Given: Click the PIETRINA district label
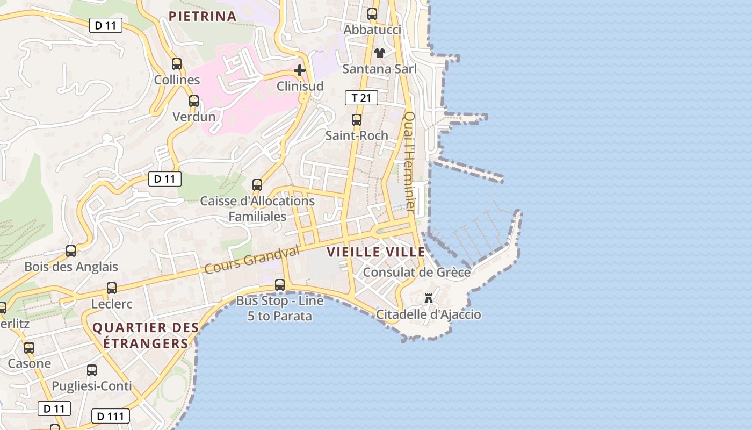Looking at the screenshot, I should tap(203, 16).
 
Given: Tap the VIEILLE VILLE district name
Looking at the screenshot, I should tap(376, 252).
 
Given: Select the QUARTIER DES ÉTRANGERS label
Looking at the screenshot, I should tap(146, 335).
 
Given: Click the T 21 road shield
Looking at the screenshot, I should tap(361, 98).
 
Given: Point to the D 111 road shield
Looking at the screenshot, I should tap(111, 416).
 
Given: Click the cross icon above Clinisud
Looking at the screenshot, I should tap(300, 70).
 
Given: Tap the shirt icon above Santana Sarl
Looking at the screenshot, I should tap(380, 53).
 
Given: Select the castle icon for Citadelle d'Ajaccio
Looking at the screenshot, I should tap(429, 298).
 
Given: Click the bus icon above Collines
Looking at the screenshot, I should tap(177, 64).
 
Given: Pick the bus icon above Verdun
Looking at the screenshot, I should tap(194, 101).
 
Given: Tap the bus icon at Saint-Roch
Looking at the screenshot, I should tap(357, 120).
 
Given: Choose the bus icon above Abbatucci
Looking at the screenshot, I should tap(372, 14).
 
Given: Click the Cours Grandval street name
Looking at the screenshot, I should tap(252, 260).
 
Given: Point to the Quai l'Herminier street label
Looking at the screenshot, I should tap(410, 161).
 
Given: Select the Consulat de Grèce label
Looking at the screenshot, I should tap(417, 272).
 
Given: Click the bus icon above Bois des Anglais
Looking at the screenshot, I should tap(71, 251).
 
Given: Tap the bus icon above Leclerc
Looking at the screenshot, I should tap(112, 288).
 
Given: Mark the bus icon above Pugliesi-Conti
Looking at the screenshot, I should tap(92, 370).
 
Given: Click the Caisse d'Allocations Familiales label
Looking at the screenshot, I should tap(257, 209).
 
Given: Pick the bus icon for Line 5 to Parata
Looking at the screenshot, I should tap(280, 285).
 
